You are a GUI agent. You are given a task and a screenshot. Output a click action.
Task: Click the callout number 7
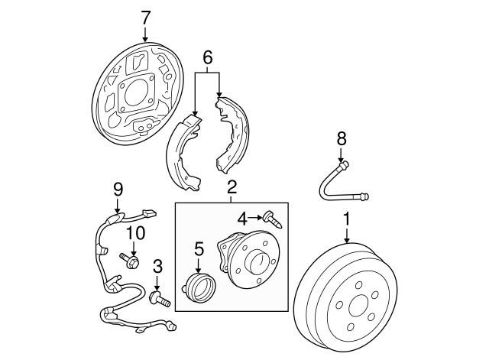146,16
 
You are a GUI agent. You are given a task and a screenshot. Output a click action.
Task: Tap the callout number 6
206,57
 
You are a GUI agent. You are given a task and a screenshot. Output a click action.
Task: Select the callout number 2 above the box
232,186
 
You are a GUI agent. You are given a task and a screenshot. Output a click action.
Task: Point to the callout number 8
342,138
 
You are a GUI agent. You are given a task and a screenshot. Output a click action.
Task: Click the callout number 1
347,220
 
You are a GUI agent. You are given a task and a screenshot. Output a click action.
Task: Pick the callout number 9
118,188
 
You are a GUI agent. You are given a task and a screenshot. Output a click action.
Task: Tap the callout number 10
134,232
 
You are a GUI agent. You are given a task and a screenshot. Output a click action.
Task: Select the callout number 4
242,218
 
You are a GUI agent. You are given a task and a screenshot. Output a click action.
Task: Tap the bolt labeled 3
159,298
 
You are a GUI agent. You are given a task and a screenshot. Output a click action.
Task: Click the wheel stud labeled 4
274,219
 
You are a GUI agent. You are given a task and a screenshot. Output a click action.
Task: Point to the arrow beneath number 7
146,34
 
